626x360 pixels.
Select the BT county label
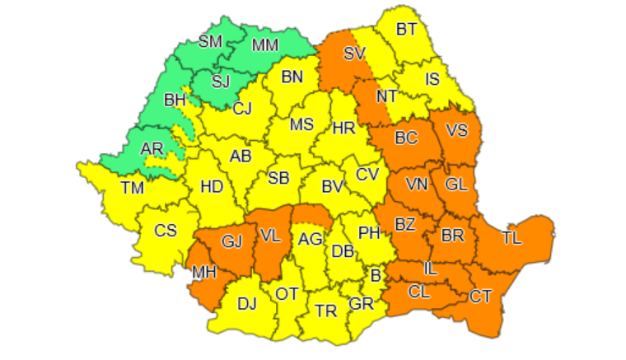406,30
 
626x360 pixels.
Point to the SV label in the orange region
355,54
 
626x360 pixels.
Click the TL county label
512,238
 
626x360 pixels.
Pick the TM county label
132,188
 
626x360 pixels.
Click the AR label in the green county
152,149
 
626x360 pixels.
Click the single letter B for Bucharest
376,275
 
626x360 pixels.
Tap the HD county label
212,187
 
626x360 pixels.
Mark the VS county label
458,129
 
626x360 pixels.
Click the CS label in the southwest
166,231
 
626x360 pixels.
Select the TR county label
326,311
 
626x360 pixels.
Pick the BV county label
332,187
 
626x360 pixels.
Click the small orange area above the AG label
311,215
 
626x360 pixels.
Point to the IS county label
433,80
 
